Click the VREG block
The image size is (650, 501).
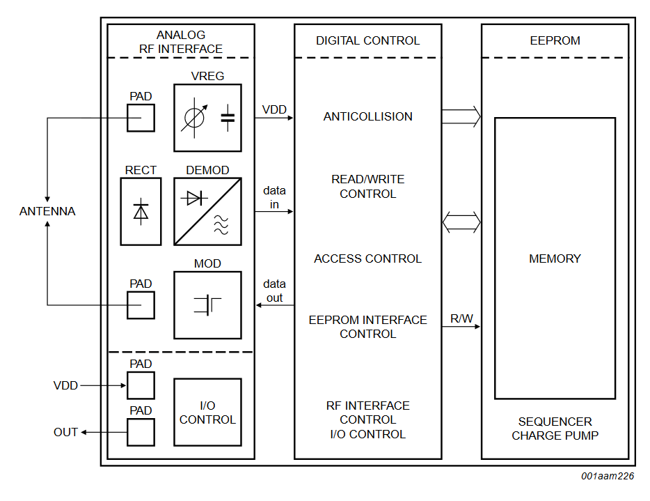click(x=207, y=118)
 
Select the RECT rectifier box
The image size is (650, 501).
click(x=141, y=211)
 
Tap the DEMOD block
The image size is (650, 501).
click(x=207, y=211)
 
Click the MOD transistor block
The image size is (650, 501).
click(x=207, y=305)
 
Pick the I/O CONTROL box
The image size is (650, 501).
click(x=207, y=412)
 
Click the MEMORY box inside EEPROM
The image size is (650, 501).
click(x=555, y=259)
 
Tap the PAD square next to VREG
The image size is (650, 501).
click(x=141, y=118)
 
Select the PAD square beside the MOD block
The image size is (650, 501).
click(x=141, y=305)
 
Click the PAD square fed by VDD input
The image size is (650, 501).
click(x=141, y=385)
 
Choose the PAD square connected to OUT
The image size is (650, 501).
click(x=141, y=432)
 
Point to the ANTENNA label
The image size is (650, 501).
click(x=47, y=211)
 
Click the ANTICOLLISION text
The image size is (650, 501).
click(x=367, y=117)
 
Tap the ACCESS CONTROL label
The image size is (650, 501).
click(x=367, y=259)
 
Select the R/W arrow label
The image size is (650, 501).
click(x=461, y=319)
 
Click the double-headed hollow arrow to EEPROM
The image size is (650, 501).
click(x=461, y=222)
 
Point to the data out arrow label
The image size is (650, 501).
click(x=274, y=291)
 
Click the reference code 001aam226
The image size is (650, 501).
click(x=608, y=477)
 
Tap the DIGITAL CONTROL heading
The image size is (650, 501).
click(x=367, y=40)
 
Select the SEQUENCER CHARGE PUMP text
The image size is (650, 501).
click(x=555, y=429)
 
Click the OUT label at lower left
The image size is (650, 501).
click(x=66, y=432)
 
